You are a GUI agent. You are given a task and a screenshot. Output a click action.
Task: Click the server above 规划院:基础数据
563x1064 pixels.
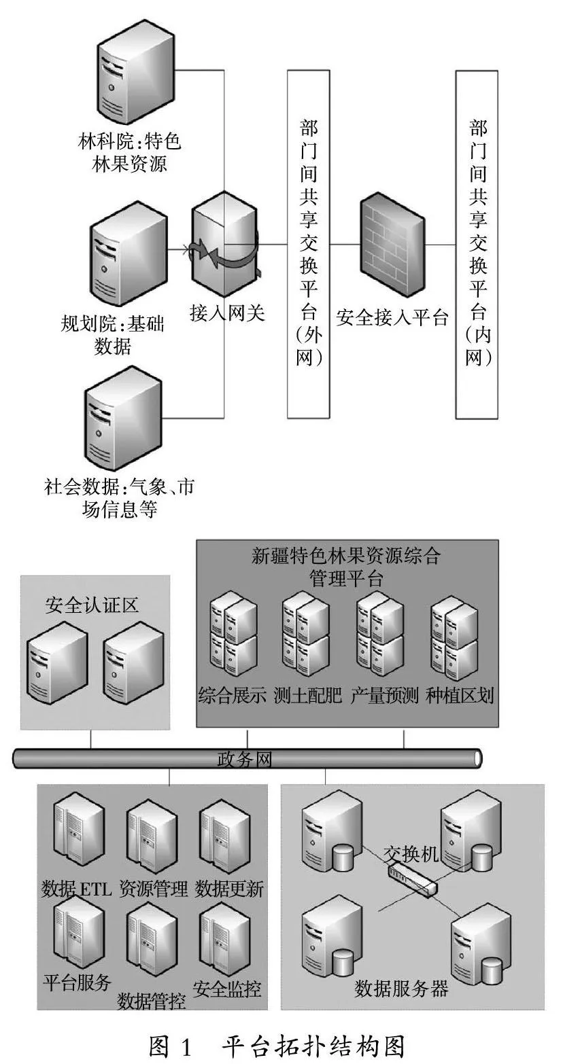[x=129, y=253]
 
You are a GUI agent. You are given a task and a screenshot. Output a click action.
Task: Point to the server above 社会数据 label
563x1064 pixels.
[x=122, y=418]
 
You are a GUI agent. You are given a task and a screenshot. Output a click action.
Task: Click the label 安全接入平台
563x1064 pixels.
[x=392, y=317]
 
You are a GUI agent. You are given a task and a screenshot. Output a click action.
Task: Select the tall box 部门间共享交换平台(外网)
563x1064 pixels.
[x=309, y=244]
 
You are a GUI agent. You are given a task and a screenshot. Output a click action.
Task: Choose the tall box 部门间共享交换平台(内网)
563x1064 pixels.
[x=477, y=245]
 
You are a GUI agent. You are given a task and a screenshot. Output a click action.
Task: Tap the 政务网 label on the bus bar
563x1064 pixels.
[x=244, y=760]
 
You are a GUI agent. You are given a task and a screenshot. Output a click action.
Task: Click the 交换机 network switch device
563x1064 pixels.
[x=412, y=881]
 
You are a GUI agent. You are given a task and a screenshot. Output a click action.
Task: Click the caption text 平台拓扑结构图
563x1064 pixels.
[x=313, y=1046]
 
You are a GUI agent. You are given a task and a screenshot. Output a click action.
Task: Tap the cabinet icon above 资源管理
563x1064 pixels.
[x=152, y=834]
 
